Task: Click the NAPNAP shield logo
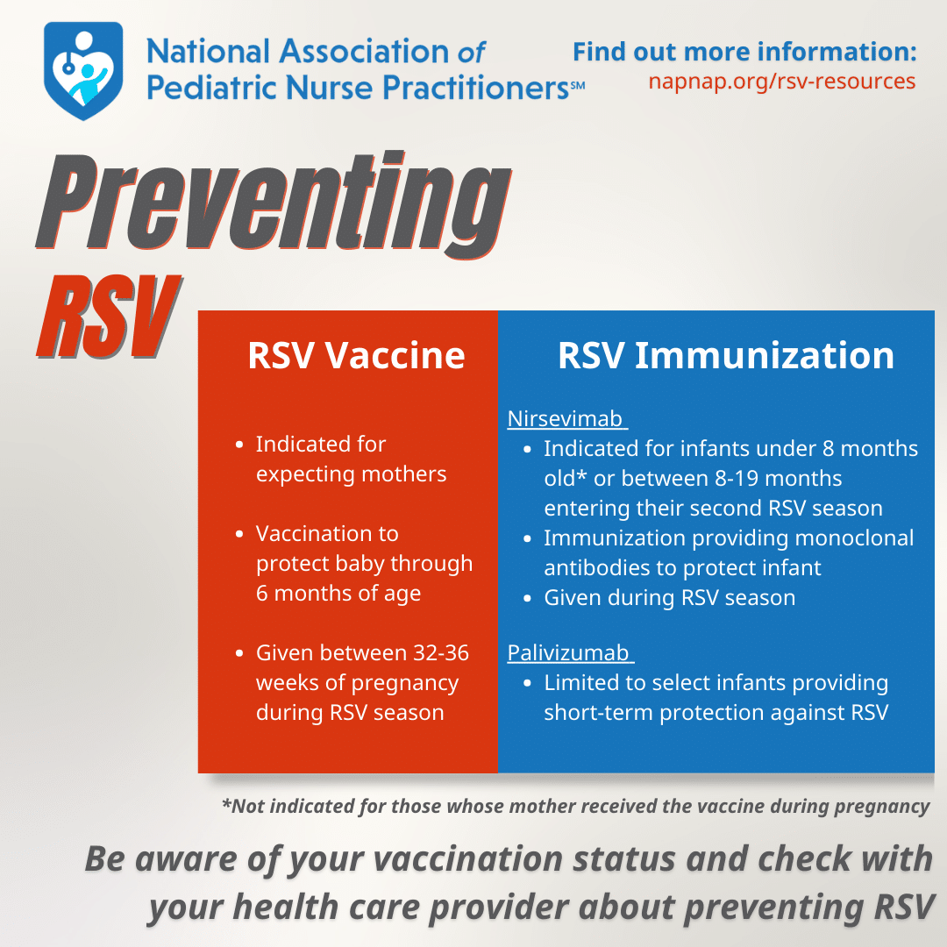click(x=83, y=71)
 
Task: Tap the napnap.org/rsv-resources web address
click(x=781, y=82)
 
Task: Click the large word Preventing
click(x=274, y=204)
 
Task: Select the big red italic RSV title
click(x=109, y=317)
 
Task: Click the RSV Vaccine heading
click(x=356, y=355)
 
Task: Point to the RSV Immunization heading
click(x=725, y=355)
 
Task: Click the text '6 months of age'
click(x=338, y=594)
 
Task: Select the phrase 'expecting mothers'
click(x=351, y=474)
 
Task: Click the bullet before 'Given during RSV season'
click(x=528, y=599)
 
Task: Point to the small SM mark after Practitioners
click(x=577, y=86)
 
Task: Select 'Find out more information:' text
click(x=744, y=52)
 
